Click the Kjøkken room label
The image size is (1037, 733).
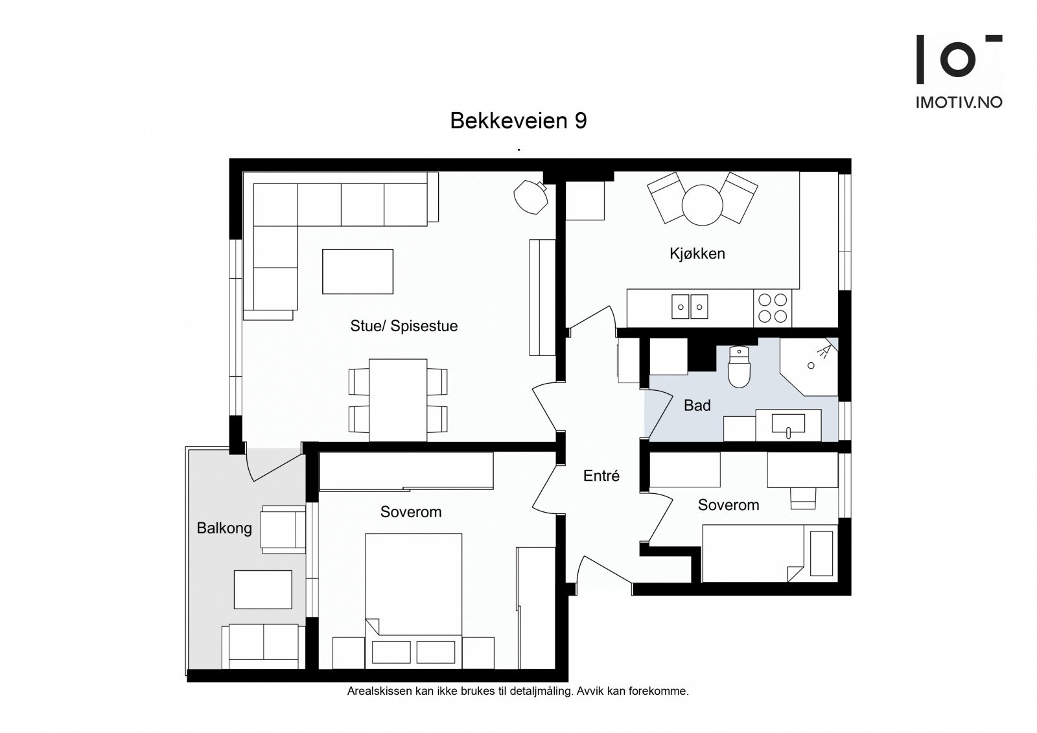pos(697,253)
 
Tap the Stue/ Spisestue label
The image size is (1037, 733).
pos(404,325)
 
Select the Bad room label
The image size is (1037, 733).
pos(697,406)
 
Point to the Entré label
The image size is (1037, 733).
pos(601,476)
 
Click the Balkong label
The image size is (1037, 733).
pos(224,528)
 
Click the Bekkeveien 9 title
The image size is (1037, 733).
pos(518,121)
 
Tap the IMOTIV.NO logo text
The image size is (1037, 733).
pos(959,102)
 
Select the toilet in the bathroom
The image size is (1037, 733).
pos(739,367)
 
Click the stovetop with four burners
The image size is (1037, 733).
pos(773,307)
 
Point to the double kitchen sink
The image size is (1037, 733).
pos(690,307)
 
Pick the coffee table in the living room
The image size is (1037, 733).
pos(358,271)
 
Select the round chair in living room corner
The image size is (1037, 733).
pos(530,196)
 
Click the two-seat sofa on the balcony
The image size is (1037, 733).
pos(263,646)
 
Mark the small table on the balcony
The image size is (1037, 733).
pos(262,589)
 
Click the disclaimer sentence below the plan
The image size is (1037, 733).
pos(518,691)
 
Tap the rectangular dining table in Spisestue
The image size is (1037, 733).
pos(398,400)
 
